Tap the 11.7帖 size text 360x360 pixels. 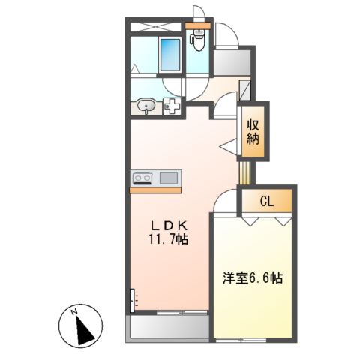click(x=172, y=240)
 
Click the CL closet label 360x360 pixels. click(x=267, y=200)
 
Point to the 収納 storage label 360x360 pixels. click(x=251, y=132)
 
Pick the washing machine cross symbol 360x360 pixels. click(x=172, y=107)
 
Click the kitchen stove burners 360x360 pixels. click(x=142, y=178)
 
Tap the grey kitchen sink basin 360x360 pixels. click(x=168, y=178)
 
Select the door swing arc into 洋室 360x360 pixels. click(x=223, y=201)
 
